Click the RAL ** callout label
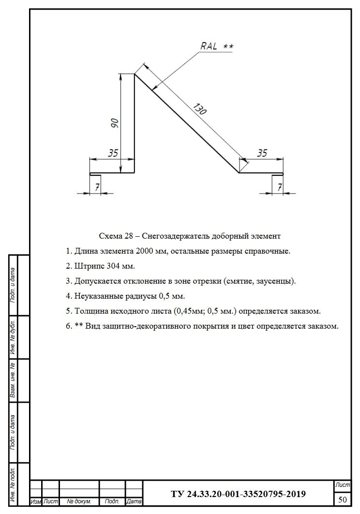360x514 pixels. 216,46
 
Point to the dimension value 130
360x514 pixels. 199,109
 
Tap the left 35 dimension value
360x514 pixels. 113,153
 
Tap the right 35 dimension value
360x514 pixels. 262,153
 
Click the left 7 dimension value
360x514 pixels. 97,187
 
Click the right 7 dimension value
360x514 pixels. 279,187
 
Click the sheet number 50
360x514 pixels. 343,499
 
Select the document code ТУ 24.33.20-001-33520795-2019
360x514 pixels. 238,494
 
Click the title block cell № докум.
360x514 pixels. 79,501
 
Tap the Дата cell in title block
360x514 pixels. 134,501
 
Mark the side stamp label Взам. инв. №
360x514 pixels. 14,381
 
